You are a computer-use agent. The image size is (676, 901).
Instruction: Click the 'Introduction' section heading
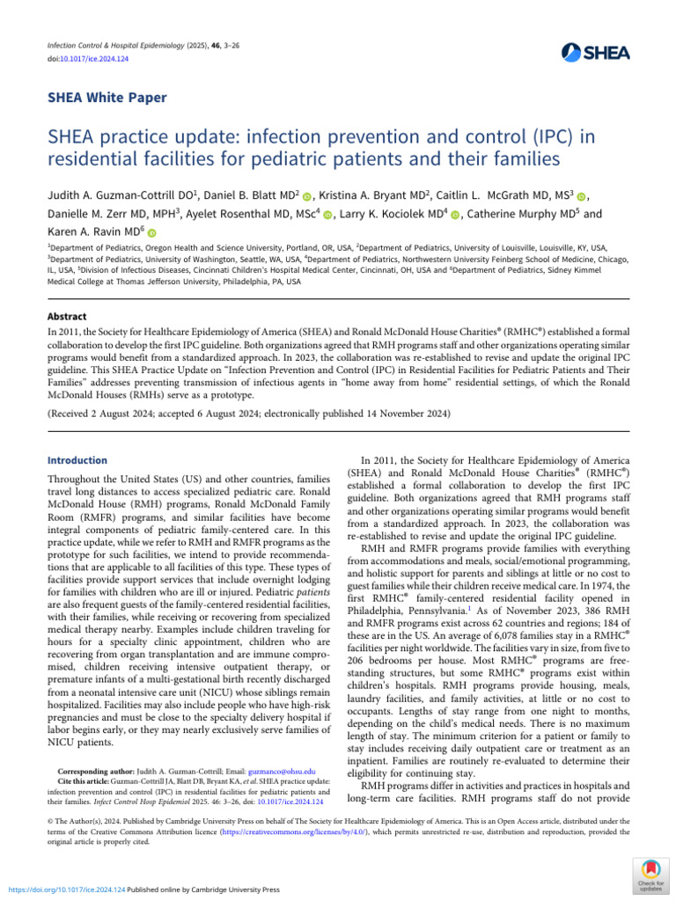click(77, 460)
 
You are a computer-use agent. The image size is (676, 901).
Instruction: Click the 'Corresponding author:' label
click(101, 770)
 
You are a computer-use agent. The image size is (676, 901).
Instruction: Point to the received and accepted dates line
click(249, 413)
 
